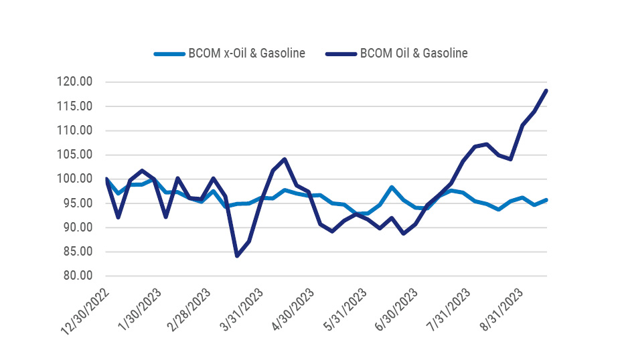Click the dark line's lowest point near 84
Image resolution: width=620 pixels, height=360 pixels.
coord(237,256)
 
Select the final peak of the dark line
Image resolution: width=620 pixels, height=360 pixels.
coord(546,90)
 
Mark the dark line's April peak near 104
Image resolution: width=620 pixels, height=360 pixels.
coord(285,159)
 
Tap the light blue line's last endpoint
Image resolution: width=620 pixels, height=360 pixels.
coord(546,200)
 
